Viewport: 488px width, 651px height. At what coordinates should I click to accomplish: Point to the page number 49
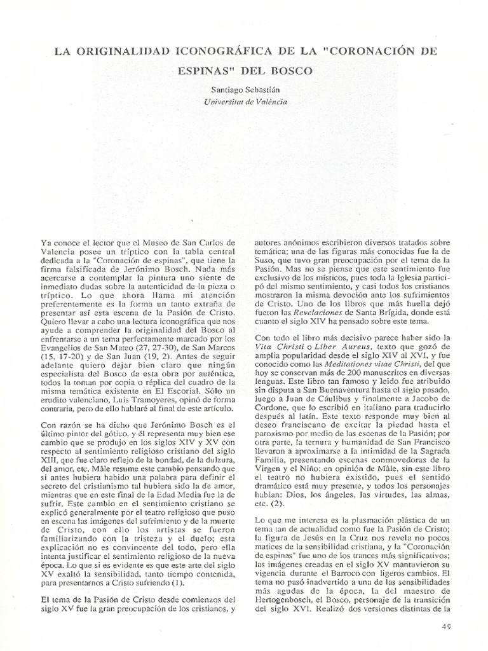pyautogui.click(x=445, y=626)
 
